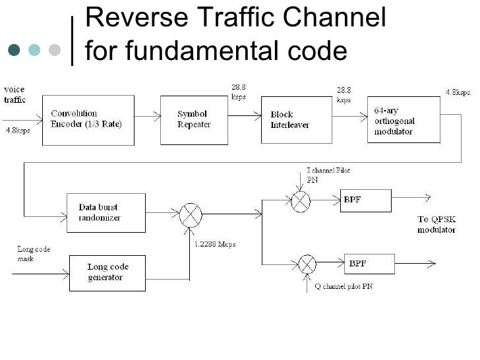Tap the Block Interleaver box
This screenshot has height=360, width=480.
[x=296, y=119]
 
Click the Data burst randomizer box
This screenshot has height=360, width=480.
[x=106, y=212]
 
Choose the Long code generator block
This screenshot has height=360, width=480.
[x=107, y=272]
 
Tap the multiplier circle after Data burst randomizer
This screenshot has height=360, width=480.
[x=191, y=215]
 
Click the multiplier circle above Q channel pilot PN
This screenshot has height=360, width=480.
[x=307, y=264]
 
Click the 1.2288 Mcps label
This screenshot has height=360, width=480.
[x=216, y=244]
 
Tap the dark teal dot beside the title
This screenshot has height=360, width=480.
[x=15, y=50]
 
